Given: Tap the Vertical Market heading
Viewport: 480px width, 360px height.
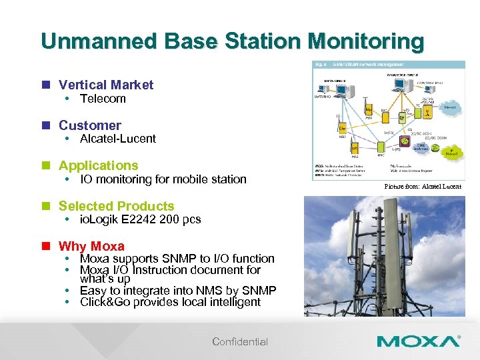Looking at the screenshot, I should (105, 85).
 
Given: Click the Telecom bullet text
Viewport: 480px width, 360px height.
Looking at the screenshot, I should (103, 99).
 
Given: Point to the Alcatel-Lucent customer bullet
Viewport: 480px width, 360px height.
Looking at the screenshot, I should (117, 139).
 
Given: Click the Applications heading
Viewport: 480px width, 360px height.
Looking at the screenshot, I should (98, 165).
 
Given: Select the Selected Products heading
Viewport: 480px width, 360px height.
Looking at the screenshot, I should (116, 206).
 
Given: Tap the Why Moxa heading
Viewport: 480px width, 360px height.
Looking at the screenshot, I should (91, 246).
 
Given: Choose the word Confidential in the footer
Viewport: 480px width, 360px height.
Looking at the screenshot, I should (240, 342).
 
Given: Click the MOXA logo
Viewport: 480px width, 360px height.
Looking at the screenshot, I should (418, 341).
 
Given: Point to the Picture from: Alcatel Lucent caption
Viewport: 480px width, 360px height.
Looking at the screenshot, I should (423, 187).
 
